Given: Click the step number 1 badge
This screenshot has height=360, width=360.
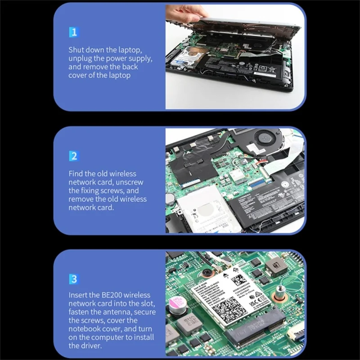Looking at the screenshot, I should click(74, 32).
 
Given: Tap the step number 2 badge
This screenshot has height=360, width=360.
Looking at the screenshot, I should click(74, 156).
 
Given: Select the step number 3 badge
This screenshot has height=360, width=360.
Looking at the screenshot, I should click(74, 279).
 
